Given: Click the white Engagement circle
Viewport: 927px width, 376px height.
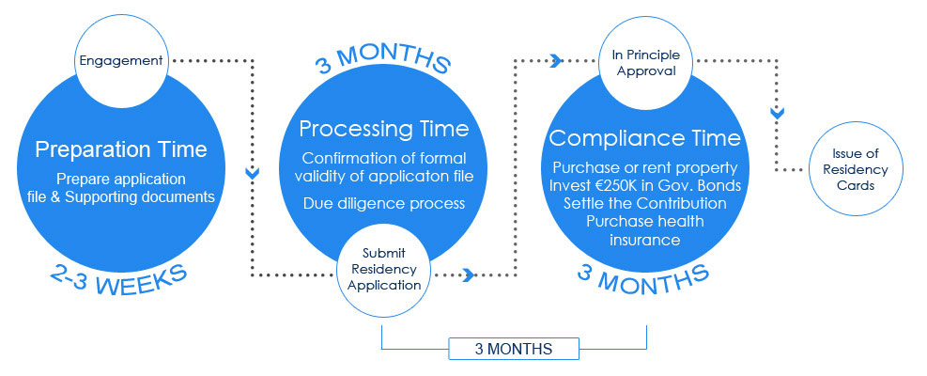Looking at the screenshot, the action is [121, 61].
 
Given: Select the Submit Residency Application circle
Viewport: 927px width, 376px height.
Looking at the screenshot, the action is [384, 270].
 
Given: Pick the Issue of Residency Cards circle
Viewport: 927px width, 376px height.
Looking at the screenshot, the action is [856, 169].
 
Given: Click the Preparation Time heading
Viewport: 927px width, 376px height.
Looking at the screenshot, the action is [121, 149].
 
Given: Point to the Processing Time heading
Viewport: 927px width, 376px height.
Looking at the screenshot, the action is [384, 129].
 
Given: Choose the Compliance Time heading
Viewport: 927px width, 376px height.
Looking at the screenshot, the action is [645, 138].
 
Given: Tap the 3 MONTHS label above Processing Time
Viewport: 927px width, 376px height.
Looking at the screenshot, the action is [383, 59].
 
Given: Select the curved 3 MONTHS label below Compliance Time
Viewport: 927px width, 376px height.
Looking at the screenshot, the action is [642, 278].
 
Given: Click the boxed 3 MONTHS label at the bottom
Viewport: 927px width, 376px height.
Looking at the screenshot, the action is [514, 349].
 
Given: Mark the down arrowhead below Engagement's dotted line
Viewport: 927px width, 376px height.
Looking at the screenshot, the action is [253, 174].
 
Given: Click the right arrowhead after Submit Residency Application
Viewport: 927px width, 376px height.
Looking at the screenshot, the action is [469, 274].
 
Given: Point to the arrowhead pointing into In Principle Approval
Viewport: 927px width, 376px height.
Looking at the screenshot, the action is [556, 60].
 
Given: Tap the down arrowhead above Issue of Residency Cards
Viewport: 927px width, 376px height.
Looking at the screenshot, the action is [778, 112].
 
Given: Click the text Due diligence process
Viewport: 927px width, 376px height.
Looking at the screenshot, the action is [384, 204].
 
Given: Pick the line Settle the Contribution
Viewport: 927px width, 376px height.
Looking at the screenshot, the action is [645, 203].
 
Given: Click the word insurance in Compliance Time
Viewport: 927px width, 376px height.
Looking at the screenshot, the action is [645, 240].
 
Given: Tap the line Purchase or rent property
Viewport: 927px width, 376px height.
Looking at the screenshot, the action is [645, 167].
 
